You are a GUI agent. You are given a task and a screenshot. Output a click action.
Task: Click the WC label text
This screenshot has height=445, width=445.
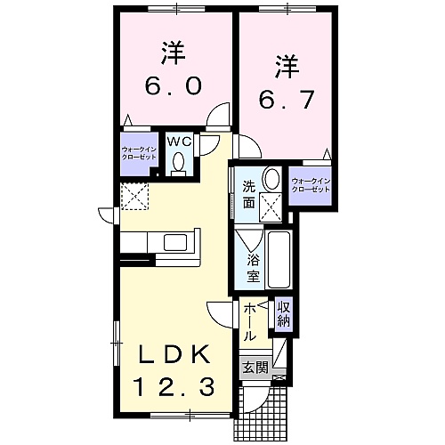click(x=179, y=142)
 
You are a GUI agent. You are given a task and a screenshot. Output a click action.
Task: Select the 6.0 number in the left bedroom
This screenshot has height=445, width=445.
click(x=174, y=85)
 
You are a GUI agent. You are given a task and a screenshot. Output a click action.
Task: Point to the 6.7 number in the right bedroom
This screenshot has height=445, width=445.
click(x=286, y=99)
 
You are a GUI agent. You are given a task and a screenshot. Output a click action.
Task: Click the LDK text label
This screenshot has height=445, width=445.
click(x=174, y=354)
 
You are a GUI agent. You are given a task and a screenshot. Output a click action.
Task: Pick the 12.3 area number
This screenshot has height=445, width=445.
click(x=174, y=387)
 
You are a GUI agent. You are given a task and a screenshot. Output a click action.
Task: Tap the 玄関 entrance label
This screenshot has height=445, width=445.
click(x=255, y=368)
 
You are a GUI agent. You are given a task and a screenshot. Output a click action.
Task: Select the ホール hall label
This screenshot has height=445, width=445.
click(x=249, y=322)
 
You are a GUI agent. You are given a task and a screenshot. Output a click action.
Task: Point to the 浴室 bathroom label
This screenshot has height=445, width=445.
click(x=254, y=269)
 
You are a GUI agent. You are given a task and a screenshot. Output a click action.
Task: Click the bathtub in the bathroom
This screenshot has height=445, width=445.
click(x=279, y=260)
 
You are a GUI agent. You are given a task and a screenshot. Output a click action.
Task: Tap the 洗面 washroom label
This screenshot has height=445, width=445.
click(x=248, y=195)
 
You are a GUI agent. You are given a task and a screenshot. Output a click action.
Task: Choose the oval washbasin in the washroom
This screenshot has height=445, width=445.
click(x=271, y=179)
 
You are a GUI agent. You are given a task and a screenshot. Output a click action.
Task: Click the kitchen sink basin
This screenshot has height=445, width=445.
click(x=175, y=242)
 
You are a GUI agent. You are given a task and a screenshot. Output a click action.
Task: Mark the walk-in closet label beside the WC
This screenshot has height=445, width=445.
click(x=139, y=153)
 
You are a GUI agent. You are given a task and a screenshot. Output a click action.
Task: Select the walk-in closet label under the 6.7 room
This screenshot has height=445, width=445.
click(x=311, y=185)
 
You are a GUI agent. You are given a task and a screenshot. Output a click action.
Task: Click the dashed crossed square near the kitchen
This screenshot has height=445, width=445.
click(x=134, y=196)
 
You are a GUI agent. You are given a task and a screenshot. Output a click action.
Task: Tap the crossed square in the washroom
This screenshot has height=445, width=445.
click(x=271, y=207)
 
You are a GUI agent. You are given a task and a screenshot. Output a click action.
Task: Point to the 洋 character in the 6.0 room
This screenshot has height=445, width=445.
click(x=174, y=54)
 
